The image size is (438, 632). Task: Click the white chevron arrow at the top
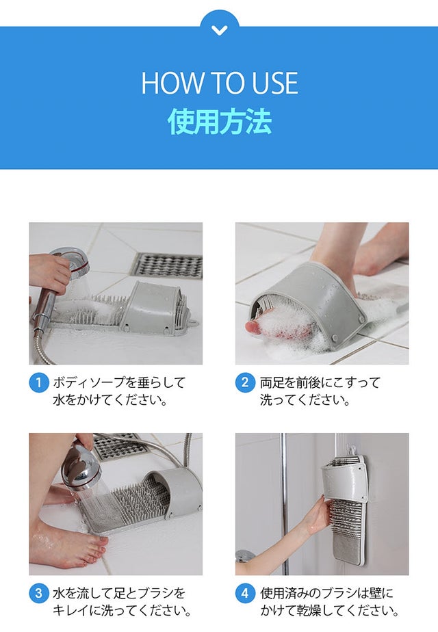point(219,30)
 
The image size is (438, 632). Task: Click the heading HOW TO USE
point(220,83)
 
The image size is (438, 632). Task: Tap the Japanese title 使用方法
point(220,121)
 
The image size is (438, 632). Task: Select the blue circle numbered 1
point(39,382)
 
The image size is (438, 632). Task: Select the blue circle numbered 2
point(245,382)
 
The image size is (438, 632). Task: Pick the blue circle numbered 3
point(39,593)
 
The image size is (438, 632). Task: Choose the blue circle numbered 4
point(245,593)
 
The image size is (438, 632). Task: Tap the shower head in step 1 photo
point(72,264)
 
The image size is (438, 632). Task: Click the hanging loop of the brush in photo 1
point(195,324)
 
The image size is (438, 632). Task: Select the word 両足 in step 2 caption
point(273,382)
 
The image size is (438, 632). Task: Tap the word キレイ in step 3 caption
point(70,611)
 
